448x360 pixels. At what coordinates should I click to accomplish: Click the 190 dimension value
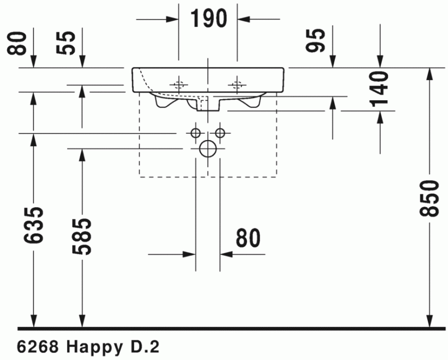coord(208,18)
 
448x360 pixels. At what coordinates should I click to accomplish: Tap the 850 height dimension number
coord(430,199)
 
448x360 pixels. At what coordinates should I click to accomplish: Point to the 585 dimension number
coord(83,236)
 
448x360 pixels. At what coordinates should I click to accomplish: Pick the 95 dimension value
coord(318,40)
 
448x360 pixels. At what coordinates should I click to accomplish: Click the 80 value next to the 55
coord(20,43)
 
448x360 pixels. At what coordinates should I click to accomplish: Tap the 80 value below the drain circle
coord(248,239)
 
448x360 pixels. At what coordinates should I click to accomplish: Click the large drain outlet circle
coord(208,148)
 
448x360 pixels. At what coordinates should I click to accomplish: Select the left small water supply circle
coord(195,133)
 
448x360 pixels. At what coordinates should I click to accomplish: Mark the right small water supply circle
coord(220,133)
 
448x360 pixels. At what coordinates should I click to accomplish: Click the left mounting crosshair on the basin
coord(179,85)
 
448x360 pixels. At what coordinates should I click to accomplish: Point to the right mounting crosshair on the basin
coord(237,85)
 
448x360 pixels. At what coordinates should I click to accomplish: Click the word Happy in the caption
coord(91,347)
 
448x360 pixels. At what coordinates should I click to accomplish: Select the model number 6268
coord(36,347)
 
